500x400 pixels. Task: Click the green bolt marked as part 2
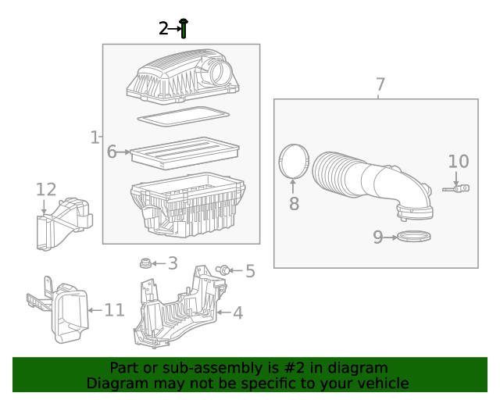tap(184, 29)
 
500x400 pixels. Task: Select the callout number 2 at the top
tap(162, 29)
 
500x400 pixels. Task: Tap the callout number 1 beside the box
tap(95, 138)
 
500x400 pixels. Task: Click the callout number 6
tap(112, 152)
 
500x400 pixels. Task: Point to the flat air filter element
tap(184, 152)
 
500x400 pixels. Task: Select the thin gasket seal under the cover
tap(183, 116)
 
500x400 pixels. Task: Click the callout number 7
tap(380, 84)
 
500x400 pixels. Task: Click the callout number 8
tap(294, 204)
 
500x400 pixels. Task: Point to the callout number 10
tap(458, 162)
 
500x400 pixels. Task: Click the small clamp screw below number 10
tap(456, 188)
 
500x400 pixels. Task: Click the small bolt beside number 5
tap(223, 270)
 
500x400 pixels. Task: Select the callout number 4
tap(237, 313)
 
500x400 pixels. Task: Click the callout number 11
tap(114, 310)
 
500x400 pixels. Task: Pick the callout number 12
tap(46, 189)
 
